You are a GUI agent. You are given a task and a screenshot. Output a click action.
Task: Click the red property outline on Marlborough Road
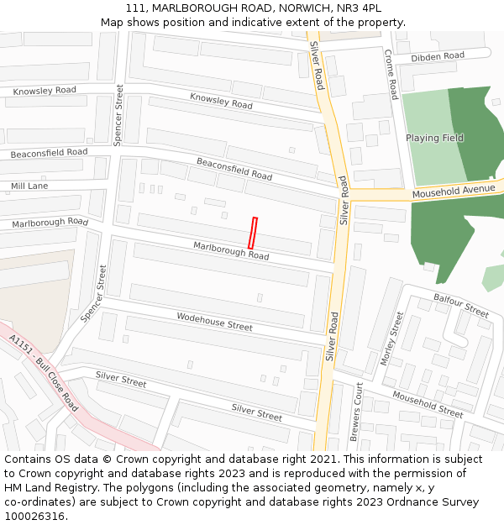pos(253,232)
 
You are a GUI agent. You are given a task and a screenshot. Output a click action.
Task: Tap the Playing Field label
pos(434,138)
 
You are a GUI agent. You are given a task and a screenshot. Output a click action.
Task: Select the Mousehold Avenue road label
pos(454,192)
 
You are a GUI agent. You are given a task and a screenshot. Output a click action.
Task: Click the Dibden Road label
pos(437,56)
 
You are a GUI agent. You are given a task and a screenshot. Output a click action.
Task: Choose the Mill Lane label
pos(29,186)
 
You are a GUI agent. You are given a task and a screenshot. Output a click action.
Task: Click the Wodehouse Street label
pos(214,320)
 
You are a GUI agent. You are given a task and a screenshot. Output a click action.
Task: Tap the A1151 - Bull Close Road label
pos(44,372)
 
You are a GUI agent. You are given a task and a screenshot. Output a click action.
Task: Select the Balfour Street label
pos(461,305)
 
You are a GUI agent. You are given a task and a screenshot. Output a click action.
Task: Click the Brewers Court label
pos(357,412)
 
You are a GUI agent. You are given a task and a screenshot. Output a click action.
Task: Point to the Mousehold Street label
pos(427,405)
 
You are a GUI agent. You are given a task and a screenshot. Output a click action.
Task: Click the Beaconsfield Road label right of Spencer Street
pos(234,169)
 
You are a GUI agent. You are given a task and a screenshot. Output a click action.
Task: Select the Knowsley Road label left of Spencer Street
pos(45,90)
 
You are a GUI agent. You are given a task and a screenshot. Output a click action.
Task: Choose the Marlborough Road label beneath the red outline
pos(231,250)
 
